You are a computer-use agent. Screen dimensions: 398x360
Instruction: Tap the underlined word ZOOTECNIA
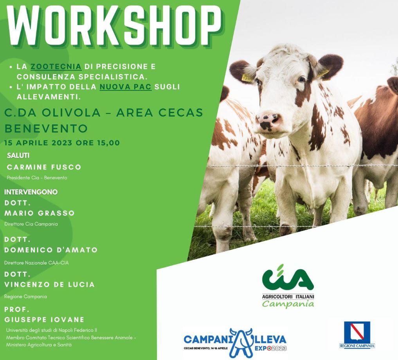pyautogui.click(x=56, y=67)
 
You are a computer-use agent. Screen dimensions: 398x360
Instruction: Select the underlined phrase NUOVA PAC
pyautogui.click(x=125, y=87)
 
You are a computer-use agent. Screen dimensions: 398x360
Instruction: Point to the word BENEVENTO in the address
pyautogui.click(x=46, y=128)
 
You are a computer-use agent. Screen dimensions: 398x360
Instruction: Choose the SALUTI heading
pyautogui.click(x=18, y=155)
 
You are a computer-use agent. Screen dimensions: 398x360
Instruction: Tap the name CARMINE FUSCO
pyautogui.click(x=44, y=167)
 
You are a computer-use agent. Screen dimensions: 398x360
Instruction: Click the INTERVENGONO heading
pyautogui.click(x=31, y=192)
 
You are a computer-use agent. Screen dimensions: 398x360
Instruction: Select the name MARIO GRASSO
pyautogui.click(x=40, y=213)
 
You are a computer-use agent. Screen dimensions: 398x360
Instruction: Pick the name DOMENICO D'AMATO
pyautogui.click(x=51, y=250)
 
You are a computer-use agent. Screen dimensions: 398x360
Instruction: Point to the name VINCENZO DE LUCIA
pyautogui.click(x=49, y=284)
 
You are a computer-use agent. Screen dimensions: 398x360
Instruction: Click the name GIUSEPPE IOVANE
pyautogui.click(x=44, y=320)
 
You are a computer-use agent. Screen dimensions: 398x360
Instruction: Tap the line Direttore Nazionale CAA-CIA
pyautogui.click(x=36, y=263)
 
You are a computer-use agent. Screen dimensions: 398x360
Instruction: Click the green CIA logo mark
pyautogui.click(x=288, y=278)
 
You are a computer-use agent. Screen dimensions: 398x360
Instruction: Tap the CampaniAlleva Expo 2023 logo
pyautogui.click(x=235, y=342)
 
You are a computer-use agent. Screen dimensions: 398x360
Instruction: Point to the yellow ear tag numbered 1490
pyautogui.click(x=247, y=78)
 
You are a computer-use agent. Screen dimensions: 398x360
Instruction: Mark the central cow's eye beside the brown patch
pyautogui.click(x=302, y=79)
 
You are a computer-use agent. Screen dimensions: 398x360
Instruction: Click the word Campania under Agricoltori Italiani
pyautogui.click(x=288, y=304)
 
